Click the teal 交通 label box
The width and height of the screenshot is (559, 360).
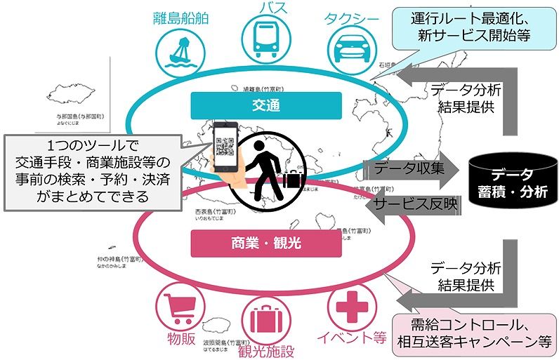(266, 106)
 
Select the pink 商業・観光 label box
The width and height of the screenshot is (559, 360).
(266, 244)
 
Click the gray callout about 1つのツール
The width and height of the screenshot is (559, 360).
(89, 171)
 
